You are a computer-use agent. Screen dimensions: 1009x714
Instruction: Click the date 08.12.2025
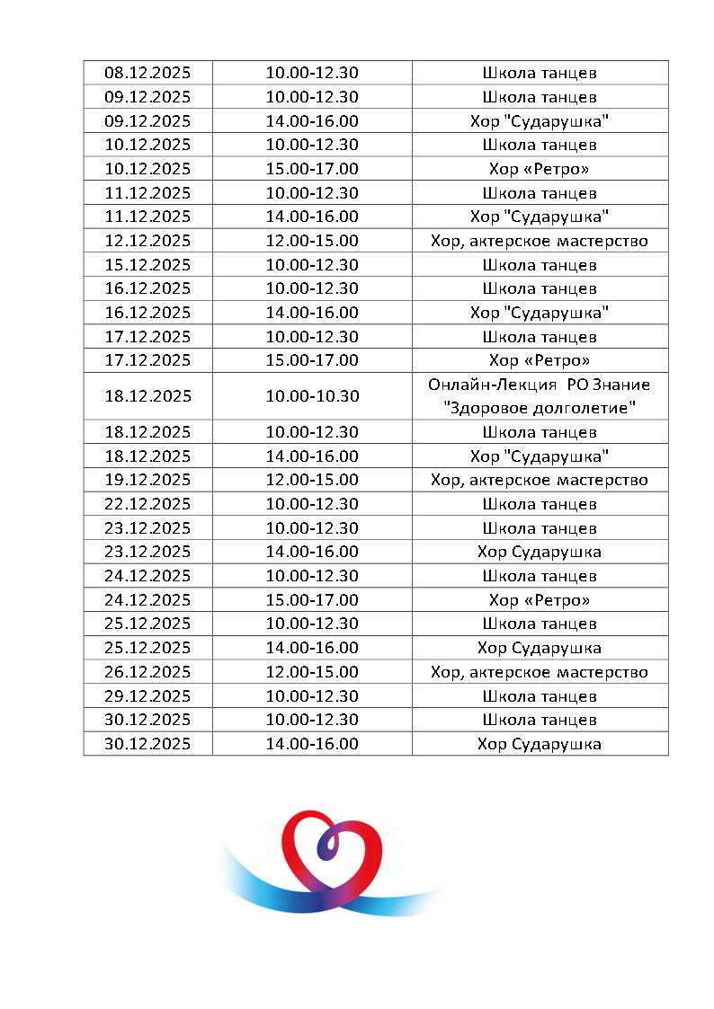[x=147, y=73]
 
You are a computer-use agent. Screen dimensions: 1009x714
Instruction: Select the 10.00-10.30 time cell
[x=312, y=396]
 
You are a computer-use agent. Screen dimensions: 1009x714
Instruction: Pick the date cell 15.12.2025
[x=147, y=265]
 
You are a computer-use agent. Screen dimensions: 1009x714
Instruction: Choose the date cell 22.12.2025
[x=147, y=504]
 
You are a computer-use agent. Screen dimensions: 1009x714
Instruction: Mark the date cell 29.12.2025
[x=147, y=696]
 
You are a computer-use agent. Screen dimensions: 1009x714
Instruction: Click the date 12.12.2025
[x=147, y=241]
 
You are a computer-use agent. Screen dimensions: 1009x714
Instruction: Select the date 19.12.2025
[x=147, y=480]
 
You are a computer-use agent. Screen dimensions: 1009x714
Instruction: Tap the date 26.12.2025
[x=147, y=672]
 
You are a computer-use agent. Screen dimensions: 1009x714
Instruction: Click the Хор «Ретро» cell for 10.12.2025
[x=540, y=169]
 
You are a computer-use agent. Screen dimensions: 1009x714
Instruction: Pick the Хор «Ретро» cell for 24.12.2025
[x=540, y=600]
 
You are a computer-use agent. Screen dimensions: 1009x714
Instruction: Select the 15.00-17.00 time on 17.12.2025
[x=312, y=360]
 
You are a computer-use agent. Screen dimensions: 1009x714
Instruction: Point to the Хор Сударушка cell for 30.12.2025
[x=540, y=744]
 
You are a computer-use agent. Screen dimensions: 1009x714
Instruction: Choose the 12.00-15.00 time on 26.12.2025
[x=312, y=672]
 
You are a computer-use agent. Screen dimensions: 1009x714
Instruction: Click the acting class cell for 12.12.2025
[x=540, y=241]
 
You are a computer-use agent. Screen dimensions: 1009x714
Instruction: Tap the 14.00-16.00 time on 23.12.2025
[x=312, y=552]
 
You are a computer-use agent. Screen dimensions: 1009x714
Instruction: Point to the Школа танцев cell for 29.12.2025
[x=540, y=696]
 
